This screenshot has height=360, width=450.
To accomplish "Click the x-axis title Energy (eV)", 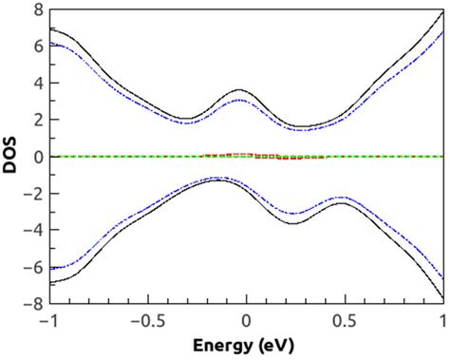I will coord(246,346).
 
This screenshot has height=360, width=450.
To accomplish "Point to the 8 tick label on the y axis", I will coord(37,9).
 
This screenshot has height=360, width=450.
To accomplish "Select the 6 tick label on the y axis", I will coord(37,47).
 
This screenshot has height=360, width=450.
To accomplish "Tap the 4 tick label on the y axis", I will coord(37,84).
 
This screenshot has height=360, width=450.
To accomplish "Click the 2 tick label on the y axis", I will coord(37,121).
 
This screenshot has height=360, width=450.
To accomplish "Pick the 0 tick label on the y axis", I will coord(37,157).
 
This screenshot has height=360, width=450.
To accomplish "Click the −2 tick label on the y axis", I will coord(33,194).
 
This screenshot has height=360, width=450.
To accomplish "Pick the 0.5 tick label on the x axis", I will coord(345,321).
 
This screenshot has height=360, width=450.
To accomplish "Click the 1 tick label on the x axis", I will coord(442,321).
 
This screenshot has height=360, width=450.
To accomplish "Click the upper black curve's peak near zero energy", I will coord(243,90).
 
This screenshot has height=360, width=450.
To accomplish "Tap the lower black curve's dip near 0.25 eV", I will coord(294,224).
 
